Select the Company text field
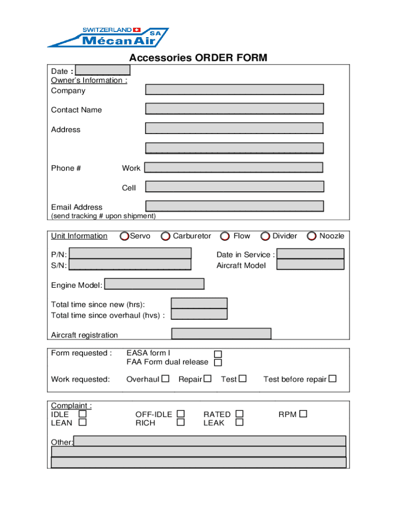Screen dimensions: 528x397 point(235,90)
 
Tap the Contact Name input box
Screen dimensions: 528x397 point(235,109)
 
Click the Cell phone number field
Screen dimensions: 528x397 point(235,187)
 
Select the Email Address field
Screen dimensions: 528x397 point(235,206)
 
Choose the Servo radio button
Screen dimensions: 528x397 point(124,236)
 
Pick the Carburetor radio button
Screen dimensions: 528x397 point(166,236)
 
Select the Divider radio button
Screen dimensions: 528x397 point(265,236)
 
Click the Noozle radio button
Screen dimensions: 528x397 point(311,236)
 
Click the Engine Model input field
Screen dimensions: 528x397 point(154,284)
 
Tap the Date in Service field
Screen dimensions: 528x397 point(310,254)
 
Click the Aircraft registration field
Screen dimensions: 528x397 point(221,334)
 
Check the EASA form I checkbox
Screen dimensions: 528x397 point(218,354)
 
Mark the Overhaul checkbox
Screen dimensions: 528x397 point(165,379)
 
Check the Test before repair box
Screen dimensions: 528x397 point(333,379)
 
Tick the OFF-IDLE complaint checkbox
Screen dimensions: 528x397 point(180,414)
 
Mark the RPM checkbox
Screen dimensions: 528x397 point(303,414)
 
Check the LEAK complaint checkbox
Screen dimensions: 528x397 point(239,423)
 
